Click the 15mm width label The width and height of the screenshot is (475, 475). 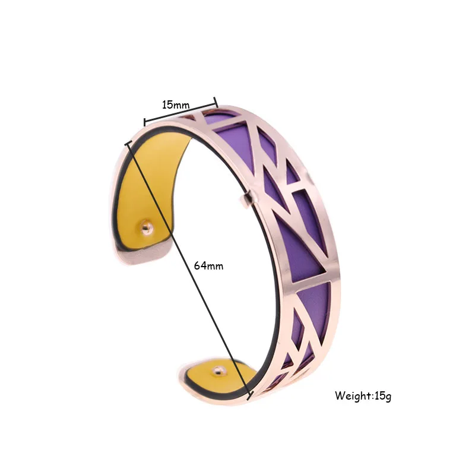pos(176,105)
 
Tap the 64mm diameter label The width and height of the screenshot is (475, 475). pos(208,265)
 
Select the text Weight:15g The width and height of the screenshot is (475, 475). pos(363,395)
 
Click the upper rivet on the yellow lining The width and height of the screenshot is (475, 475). pos(146,226)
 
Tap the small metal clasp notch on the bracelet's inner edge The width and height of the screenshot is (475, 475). pos(248,199)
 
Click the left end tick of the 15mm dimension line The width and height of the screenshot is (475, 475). pos(144,122)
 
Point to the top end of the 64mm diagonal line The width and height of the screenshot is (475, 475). pos(126,142)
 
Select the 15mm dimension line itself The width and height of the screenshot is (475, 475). pos(180,113)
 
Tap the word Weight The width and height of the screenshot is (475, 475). pos(353,395)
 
